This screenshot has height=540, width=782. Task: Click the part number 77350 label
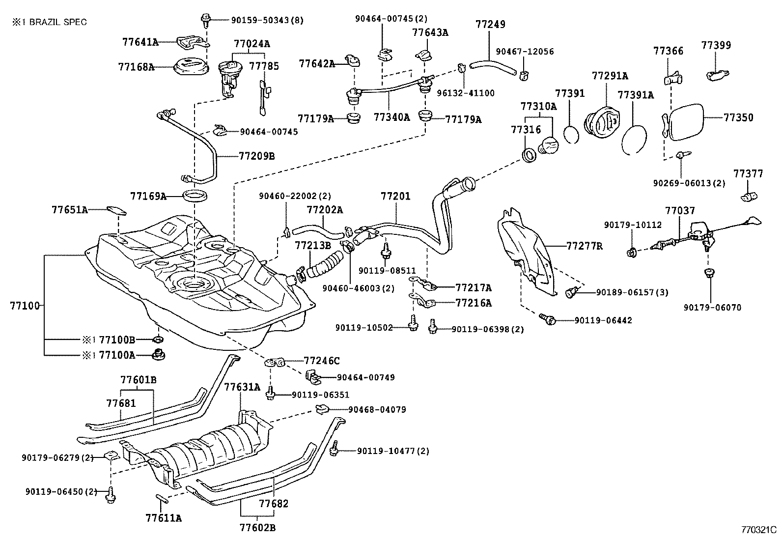coord(738,118)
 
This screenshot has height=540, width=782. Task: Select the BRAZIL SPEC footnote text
coord(49,22)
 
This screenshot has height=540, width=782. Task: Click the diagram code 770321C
coord(758,530)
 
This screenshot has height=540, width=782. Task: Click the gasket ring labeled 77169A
coord(195,197)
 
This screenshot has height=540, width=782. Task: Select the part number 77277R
coord(584,246)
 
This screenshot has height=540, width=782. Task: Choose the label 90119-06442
coord(603,320)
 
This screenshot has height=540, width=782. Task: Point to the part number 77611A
coord(164,518)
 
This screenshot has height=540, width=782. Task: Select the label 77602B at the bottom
coord(257,528)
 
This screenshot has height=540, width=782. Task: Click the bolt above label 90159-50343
coord(205,20)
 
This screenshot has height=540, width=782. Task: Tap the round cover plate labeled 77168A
coord(191,67)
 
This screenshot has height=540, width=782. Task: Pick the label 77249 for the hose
coord(490,24)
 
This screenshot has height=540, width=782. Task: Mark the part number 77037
coord(680,211)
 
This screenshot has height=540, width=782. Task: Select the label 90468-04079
coord(377,409)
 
